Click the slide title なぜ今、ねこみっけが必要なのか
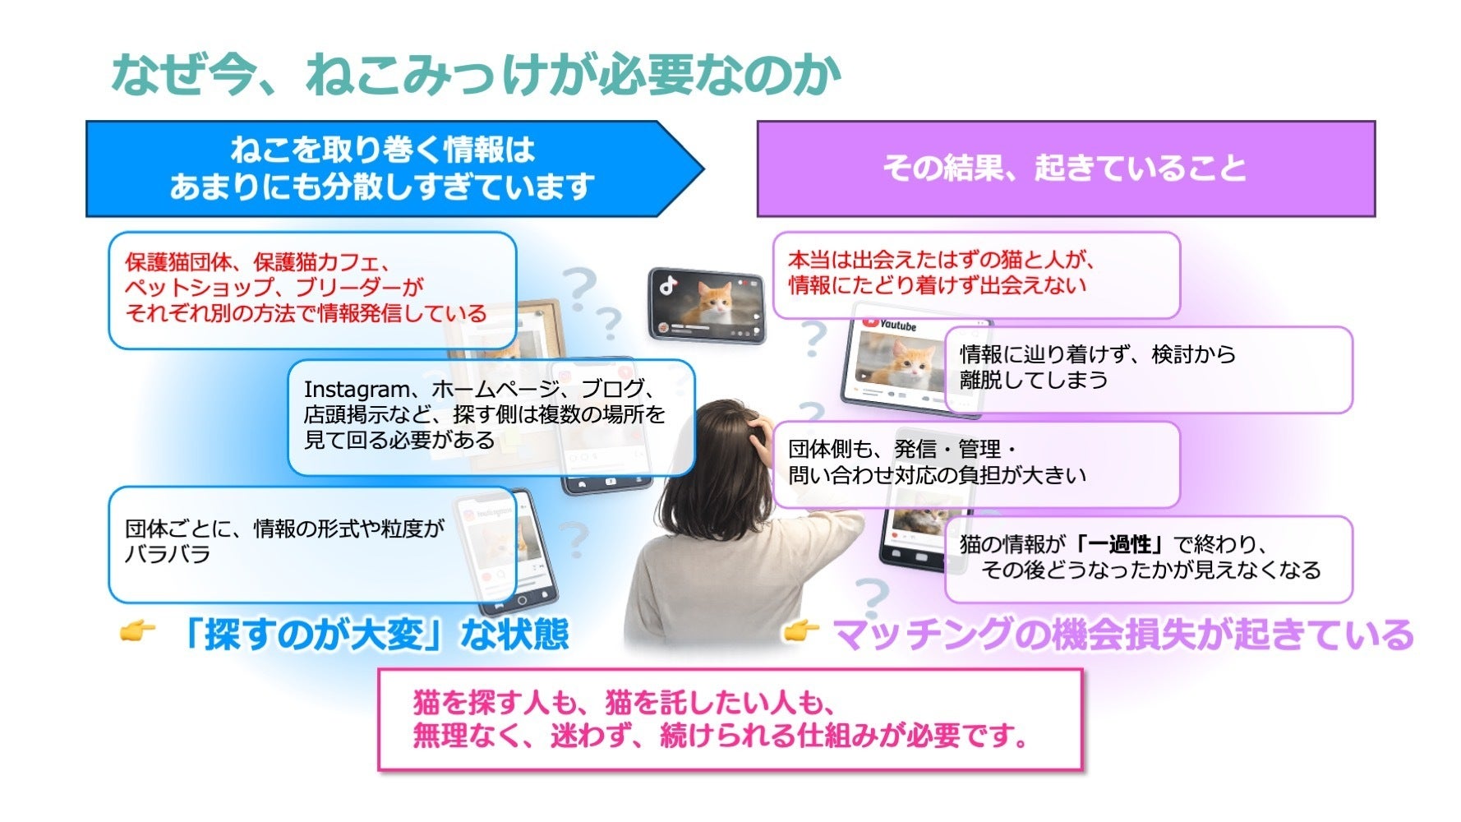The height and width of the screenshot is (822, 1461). coord(476,75)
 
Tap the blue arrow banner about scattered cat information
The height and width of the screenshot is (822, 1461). coord(394,169)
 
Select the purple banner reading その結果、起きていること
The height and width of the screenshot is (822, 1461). coord(1066,169)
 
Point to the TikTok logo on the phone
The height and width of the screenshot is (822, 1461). coord(668,286)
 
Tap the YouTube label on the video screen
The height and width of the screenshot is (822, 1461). coord(890,325)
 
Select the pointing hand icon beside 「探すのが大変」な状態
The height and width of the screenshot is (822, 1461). coord(136,632)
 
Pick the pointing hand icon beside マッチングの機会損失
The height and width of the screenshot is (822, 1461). coord(800,632)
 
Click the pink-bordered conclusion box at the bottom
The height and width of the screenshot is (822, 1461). coord(730,719)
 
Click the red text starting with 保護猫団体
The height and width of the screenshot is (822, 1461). coord(306,288)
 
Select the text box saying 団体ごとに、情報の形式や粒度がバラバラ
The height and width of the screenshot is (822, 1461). coord(312,544)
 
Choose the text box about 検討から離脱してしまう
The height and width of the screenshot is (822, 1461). coord(1149,369)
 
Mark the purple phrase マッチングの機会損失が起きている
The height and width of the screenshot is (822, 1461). coord(1123,635)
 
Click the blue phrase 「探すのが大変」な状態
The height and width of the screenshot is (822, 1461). coord(374,635)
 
